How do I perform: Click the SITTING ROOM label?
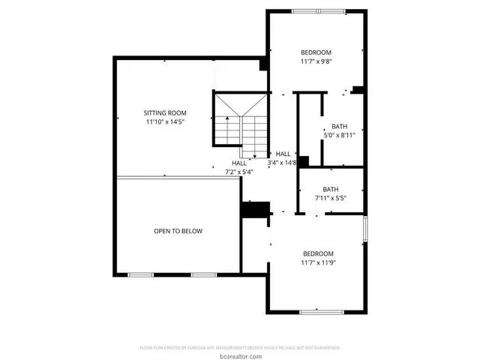click(x=165, y=112)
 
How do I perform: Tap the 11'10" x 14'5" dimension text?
click(x=165, y=121)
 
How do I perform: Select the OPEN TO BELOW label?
click(x=178, y=231)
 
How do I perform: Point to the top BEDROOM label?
click(x=316, y=52)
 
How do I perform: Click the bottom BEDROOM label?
click(x=317, y=253)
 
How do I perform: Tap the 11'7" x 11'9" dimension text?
click(x=317, y=262)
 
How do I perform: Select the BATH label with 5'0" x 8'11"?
click(x=340, y=126)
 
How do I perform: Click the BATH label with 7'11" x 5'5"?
click(x=331, y=189)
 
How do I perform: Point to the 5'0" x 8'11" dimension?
click(x=340, y=136)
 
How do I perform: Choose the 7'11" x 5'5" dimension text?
click(x=331, y=199)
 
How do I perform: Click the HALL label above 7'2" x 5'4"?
click(x=239, y=163)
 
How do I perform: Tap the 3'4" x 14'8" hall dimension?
click(x=283, y=163)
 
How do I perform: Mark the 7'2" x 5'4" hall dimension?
click(x=239, y=172)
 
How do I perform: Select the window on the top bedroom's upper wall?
click(x=319, y=10)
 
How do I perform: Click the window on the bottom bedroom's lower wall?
click(x=321, y=311)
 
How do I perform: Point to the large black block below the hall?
click(x=255, y=209)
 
